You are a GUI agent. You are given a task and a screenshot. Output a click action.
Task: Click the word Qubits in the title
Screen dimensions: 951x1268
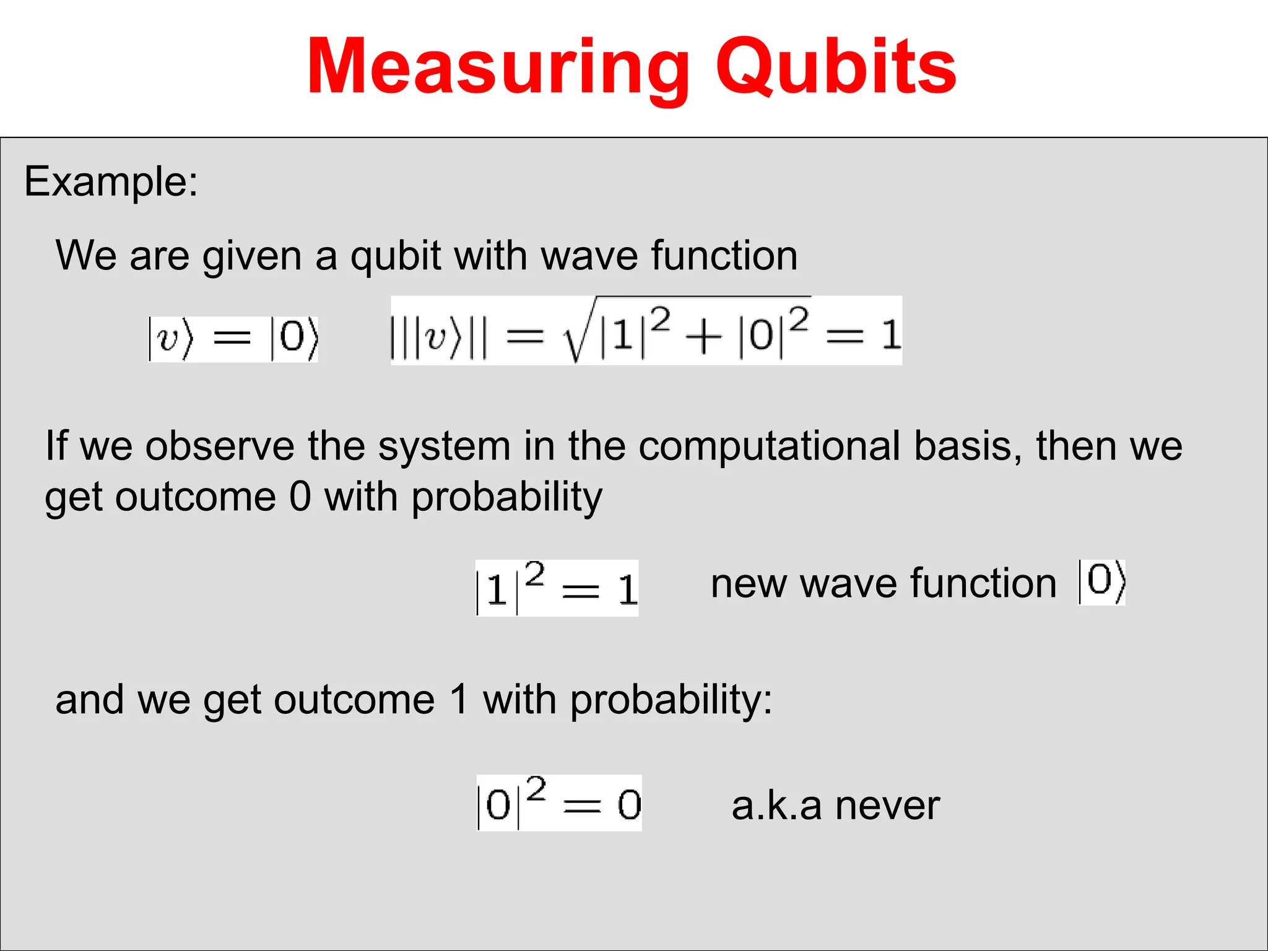[x=836, y=67]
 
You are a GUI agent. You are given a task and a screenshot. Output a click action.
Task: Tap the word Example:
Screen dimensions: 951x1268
[x=111, y=181]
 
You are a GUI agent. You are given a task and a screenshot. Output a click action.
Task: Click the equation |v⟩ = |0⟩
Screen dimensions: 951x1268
[x=233, y=338]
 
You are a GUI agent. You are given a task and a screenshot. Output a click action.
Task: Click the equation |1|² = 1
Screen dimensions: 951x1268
[x=557, y=588]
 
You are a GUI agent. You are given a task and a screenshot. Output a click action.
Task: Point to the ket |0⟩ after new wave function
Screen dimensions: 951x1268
[x=1101, y=582]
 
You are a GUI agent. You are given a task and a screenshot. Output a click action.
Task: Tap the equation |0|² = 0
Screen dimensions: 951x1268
[x=559, y=804]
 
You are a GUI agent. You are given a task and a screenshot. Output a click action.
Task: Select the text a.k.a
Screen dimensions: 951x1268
[x=776, y=806]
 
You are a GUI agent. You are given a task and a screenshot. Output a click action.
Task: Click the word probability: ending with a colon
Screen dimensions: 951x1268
[x=671, y=701]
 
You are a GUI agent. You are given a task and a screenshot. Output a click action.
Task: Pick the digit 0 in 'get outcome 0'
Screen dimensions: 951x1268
[x=300, y=497]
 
